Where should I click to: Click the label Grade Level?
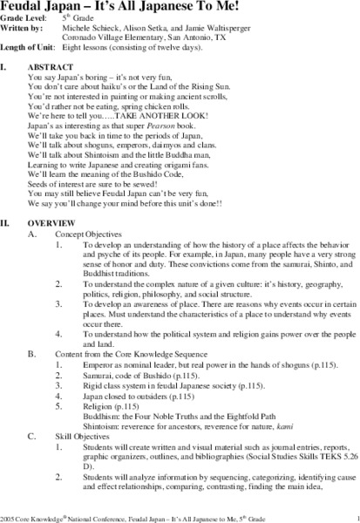tap(28, 21)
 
